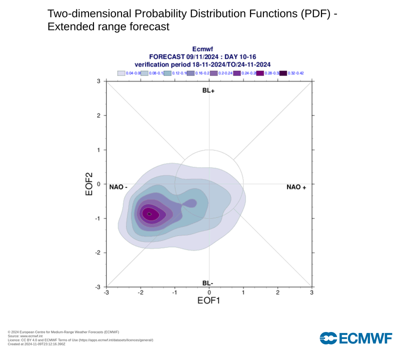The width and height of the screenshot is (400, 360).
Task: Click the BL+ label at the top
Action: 208,91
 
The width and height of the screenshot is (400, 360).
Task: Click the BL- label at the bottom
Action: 208,283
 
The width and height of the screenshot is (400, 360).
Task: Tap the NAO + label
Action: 296,187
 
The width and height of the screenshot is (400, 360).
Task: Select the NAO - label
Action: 119,187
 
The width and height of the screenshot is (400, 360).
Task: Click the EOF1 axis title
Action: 208,301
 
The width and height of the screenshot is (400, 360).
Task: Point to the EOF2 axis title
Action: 89,184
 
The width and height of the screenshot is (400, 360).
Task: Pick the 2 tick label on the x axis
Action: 277,292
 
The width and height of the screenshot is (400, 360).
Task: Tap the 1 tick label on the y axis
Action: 99,150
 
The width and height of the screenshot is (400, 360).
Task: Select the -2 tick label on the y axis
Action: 98,253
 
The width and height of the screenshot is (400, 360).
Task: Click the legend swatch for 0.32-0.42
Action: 283,73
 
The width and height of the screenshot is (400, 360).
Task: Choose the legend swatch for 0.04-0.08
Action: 121,73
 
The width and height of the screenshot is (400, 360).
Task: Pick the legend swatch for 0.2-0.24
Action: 214,73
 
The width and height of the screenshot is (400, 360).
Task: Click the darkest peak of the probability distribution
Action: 149,214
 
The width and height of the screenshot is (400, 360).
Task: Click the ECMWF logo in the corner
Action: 355,338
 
